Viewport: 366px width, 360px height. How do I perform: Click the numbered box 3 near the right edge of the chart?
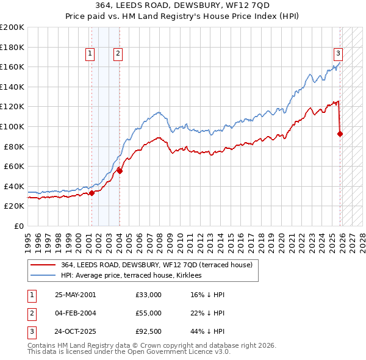[x=338, y=52]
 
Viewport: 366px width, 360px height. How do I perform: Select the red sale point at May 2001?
[x=91, y=193]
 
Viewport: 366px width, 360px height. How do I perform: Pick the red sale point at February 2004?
[x=120, y=171]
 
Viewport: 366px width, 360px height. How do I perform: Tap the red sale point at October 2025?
[x=340, y=134]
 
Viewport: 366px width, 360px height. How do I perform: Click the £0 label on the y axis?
[x=18, y=226]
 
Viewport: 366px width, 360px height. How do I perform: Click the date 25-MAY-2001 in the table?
[x=75, y=295]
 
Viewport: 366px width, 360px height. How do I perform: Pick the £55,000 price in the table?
[x=149, y=313]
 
